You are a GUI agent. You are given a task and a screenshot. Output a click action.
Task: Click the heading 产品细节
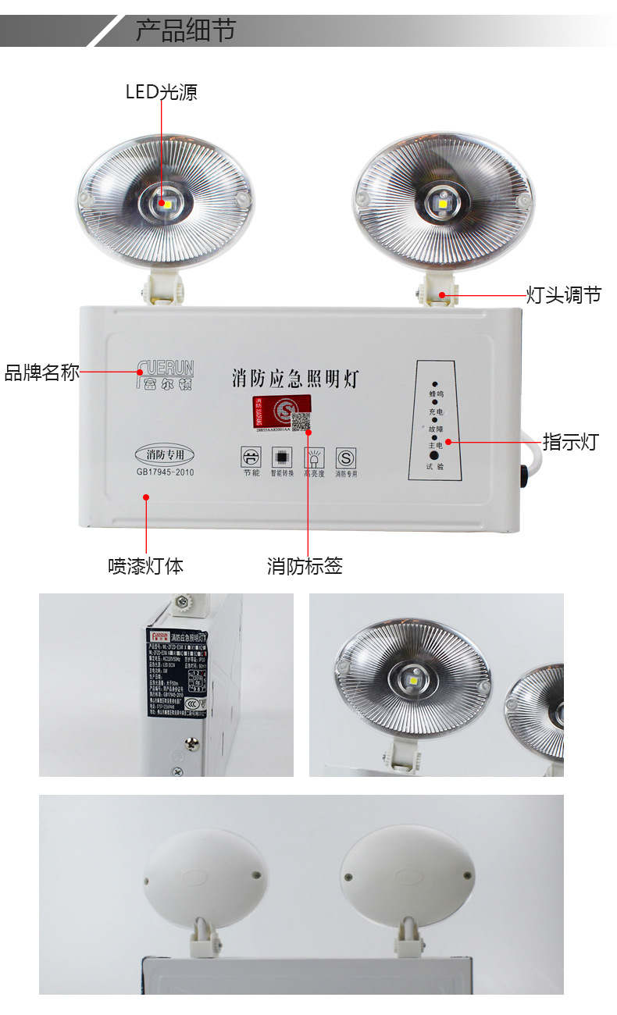click(x=185, y=31)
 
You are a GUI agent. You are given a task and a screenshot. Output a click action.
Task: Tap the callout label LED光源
click(x=162, y=92)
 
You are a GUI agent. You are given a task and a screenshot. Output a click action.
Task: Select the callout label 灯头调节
click(x=563, y=295)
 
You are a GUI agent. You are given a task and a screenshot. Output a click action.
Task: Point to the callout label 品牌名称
click(x=42, y=372)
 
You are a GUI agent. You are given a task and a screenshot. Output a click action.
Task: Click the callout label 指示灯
click(x=570, y=442)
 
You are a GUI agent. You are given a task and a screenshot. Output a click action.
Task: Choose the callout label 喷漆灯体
click(x=146, y=566)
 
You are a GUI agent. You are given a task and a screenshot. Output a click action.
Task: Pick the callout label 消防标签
click(x=305, y=566)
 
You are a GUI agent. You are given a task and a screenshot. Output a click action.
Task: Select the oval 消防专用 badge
click(x=164, y=454)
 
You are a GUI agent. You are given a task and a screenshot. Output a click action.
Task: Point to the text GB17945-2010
click(x=165, y=472)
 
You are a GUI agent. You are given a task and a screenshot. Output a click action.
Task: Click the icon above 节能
click(x=250, y=457)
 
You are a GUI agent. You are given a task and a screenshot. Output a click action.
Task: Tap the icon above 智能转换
click(x=281, y=457)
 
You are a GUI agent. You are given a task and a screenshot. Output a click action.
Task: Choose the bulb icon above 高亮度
click(x=314, y=457)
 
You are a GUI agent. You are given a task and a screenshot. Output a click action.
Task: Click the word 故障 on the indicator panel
click(x=435, y=429)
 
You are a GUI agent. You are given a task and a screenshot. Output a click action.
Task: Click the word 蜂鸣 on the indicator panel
click(x=435, y=394)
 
